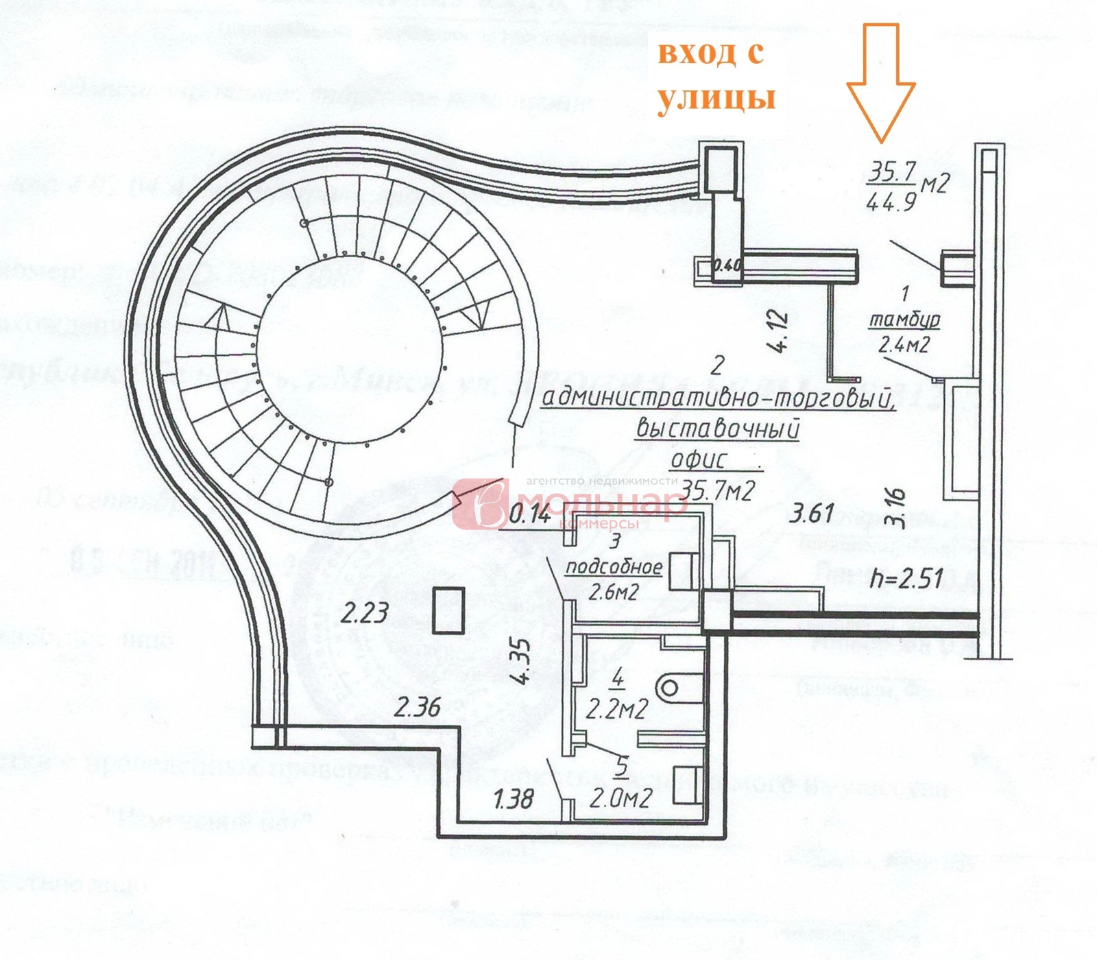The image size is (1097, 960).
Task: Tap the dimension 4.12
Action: tap(780, 331)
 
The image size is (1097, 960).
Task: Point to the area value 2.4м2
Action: tap(904, 344)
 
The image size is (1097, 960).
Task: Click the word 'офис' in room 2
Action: tap(698, 459)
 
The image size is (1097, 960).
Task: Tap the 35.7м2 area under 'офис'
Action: tap(718, 490)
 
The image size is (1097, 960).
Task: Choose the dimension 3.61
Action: tap(812, 512)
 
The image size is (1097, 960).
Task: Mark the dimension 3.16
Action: tap(895, 507)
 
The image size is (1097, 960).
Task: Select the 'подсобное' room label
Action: tap(614, 567)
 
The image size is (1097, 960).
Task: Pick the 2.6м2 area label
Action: tap(614, 591)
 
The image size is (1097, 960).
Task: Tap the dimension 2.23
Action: tap(365, 612)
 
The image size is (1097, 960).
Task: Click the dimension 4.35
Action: tap(521, 661)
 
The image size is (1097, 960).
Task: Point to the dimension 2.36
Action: tap(417, 706)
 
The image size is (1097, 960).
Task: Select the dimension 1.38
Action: tap(514, 798)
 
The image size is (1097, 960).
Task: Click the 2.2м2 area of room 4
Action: tap(616, 709)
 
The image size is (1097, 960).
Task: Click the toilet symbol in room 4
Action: tap(668, 686)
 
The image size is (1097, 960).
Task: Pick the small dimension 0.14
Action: tap(529, 514)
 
